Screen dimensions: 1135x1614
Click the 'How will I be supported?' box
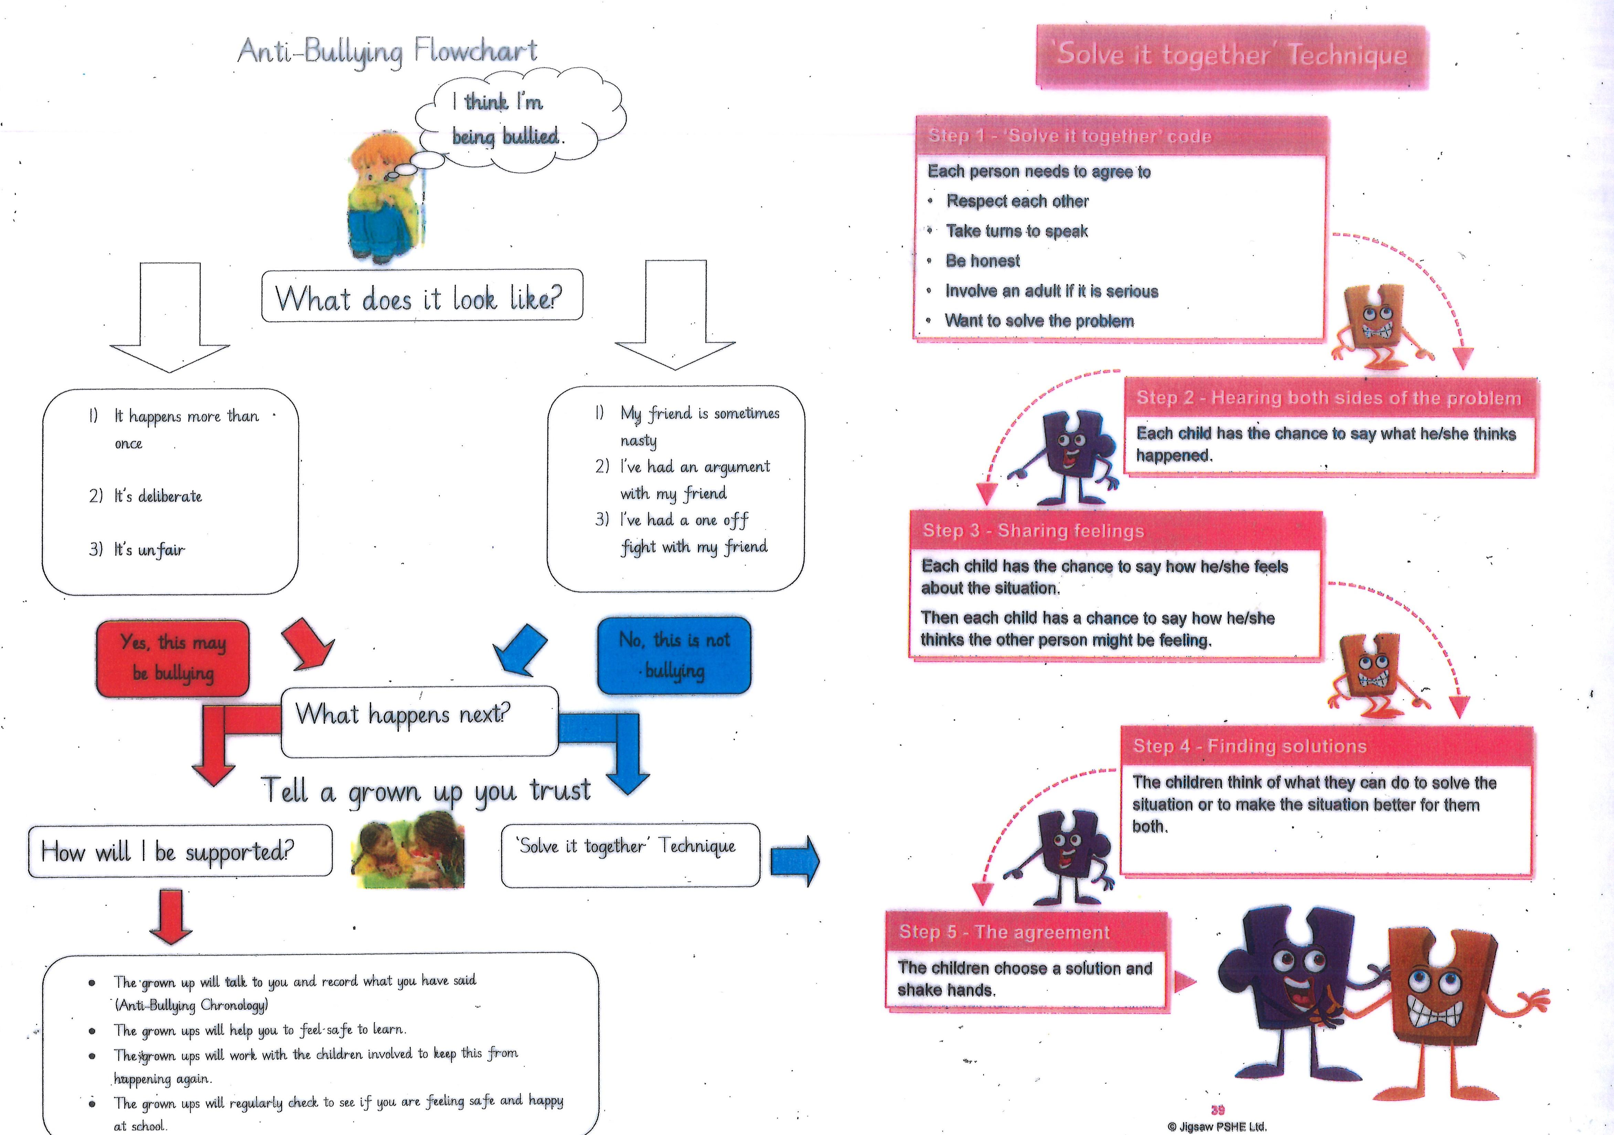pyautogui.click(x=180, y=851)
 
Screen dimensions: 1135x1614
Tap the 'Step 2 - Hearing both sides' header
pyautogui.click(x=1328, y=398)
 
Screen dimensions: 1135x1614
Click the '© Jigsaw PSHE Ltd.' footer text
pyautogui.click(x=1217, y=1126)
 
